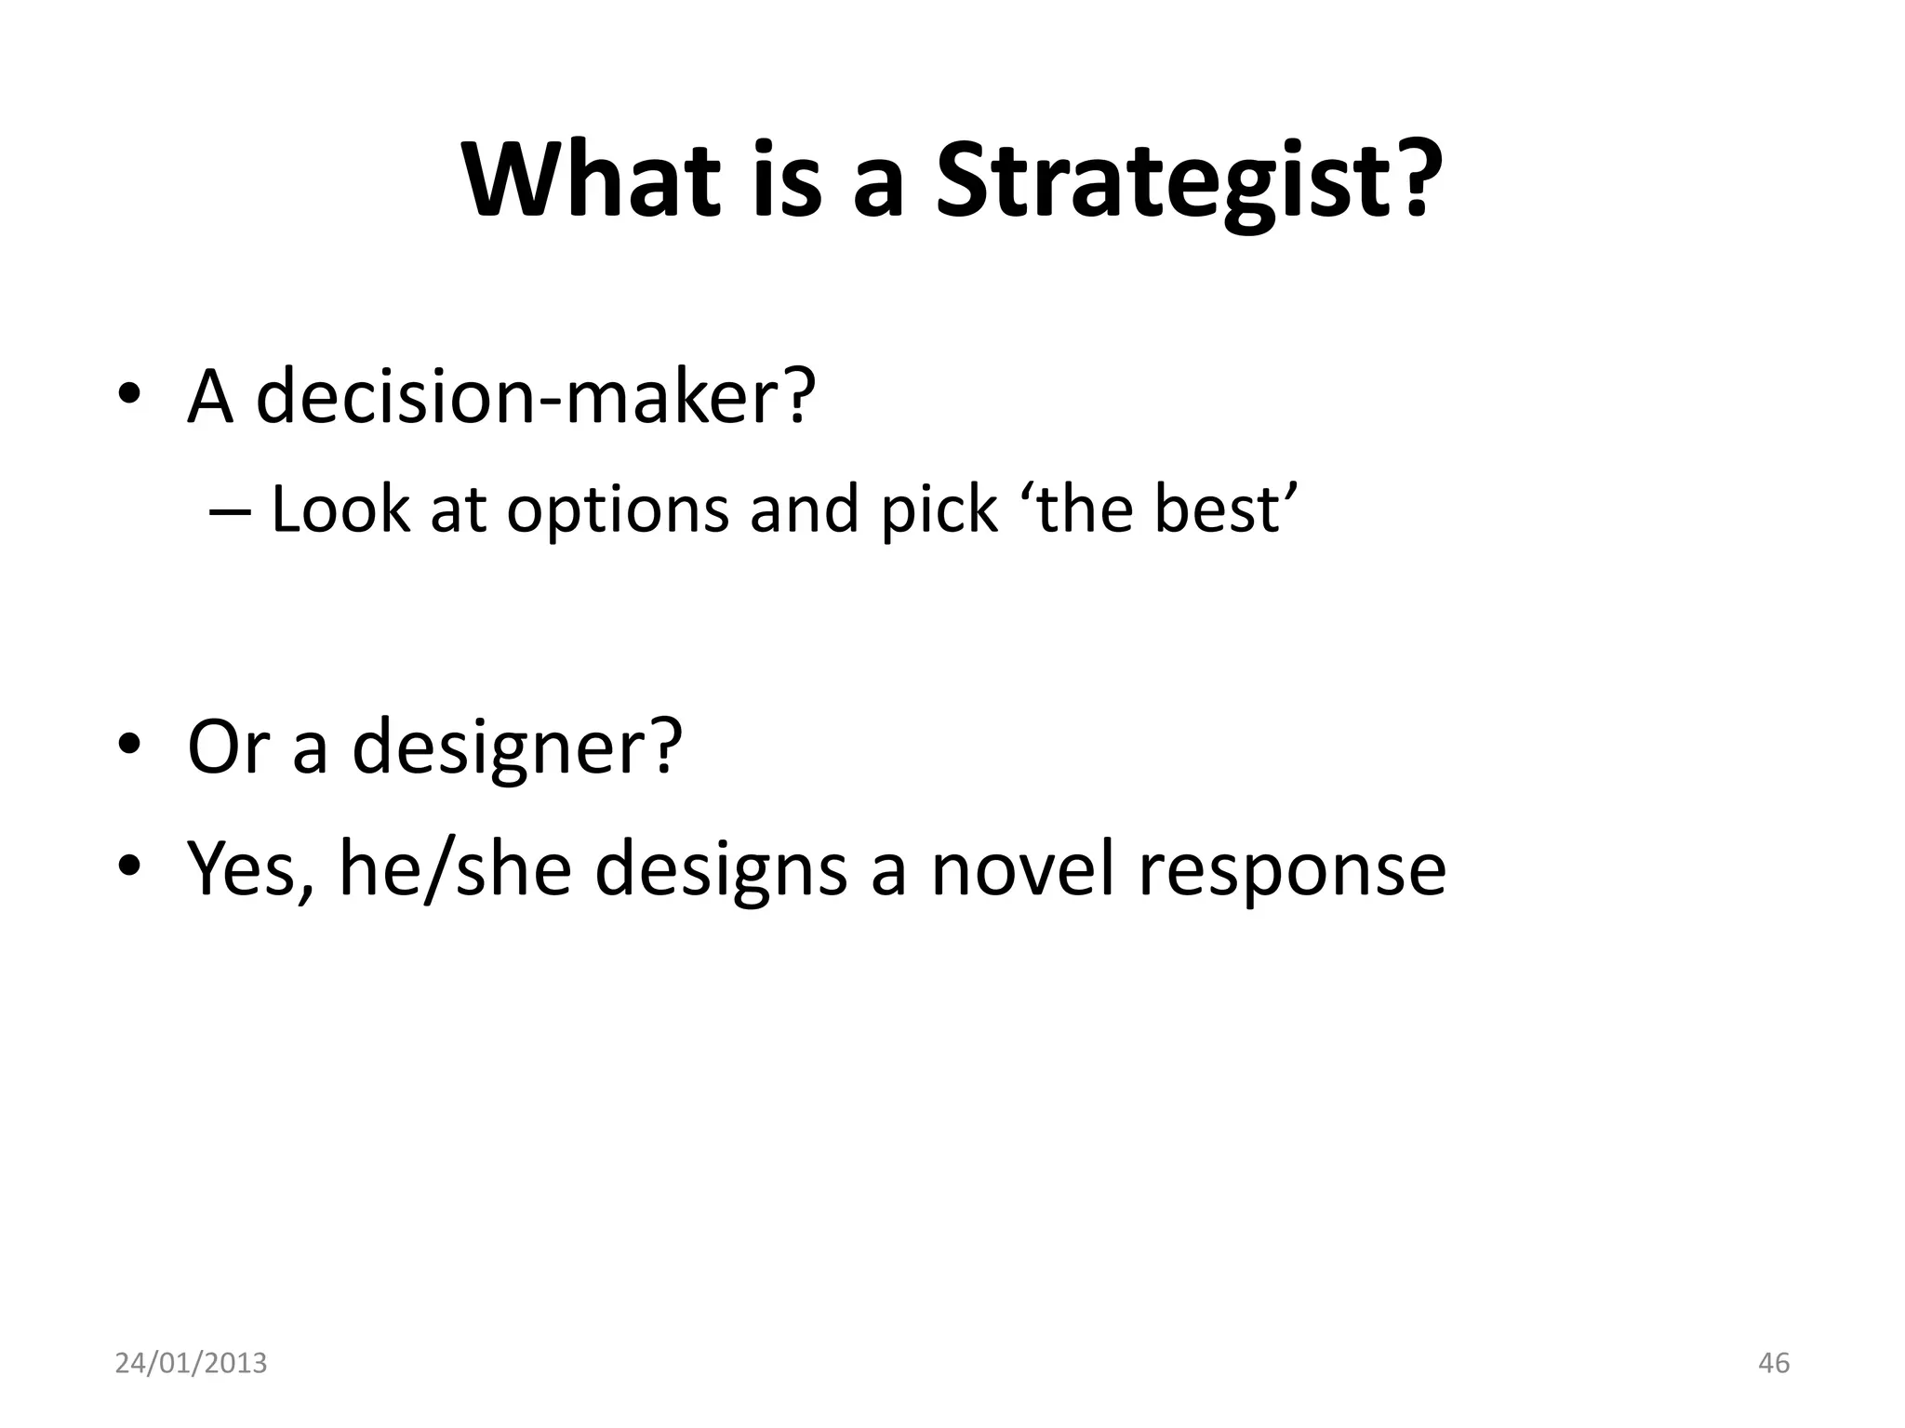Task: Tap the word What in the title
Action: pyautogui.click(x=591, y=181)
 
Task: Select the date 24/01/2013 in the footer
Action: pyautogui.click(x=191, y=1363)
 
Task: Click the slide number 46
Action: pyautogui.click(x=1774, y=1363)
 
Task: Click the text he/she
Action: pyautogui.click(x=454, y=868)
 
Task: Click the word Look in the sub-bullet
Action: pyautogui.click(x=340, y=509)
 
